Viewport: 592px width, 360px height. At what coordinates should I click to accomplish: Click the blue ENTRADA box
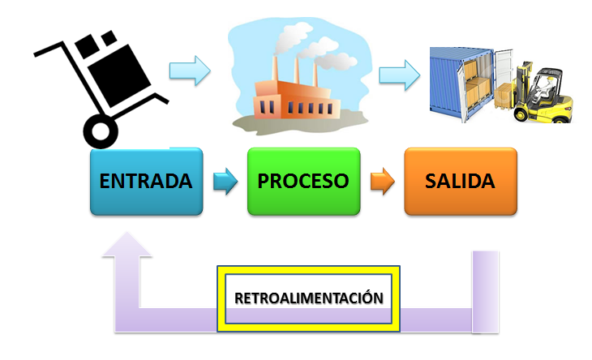coord(146,181)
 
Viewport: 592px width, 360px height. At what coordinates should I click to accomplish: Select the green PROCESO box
coord(303,181)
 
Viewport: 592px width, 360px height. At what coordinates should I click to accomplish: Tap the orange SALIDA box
coord(460,181)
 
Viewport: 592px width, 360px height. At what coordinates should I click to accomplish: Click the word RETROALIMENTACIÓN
coord(308,298)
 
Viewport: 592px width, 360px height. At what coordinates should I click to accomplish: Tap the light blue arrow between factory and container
coord(399,75)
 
